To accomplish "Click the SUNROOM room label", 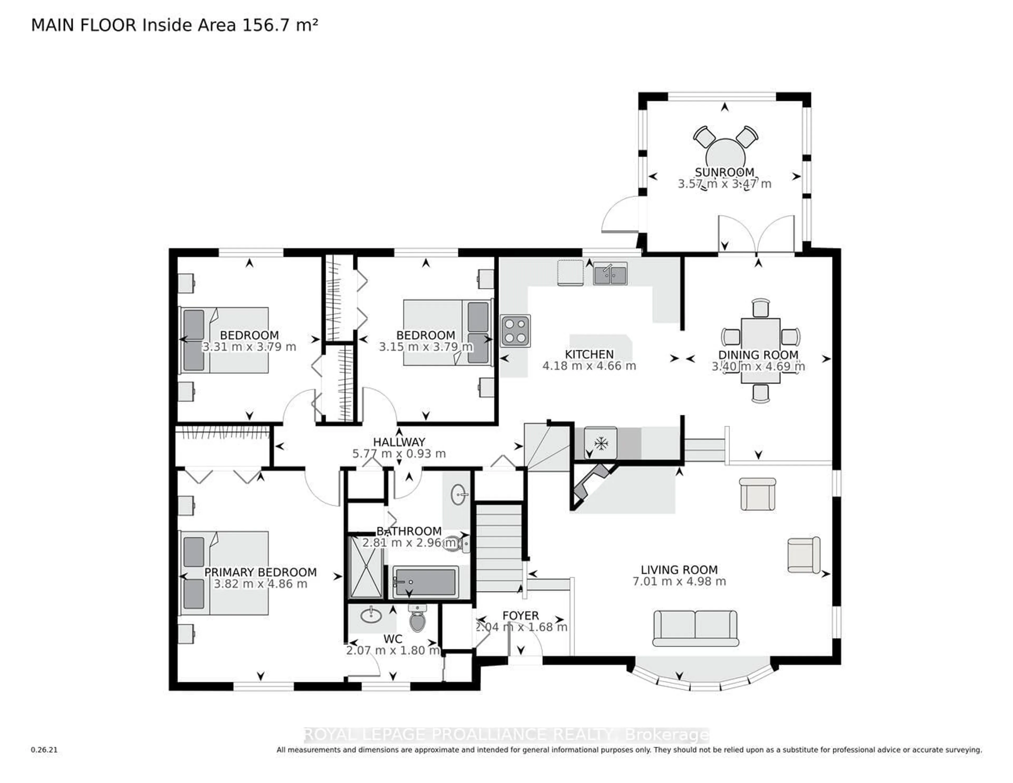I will (724, 172).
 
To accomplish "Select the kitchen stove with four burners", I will (515, 331).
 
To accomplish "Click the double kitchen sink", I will (610, 274).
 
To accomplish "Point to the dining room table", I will (761, 350).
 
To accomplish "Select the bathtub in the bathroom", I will (425, 582).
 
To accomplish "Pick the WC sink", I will (371, 615).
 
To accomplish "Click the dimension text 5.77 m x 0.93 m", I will (399, 454).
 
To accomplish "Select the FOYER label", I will (520, 615).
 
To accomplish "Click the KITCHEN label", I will (589, 354).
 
